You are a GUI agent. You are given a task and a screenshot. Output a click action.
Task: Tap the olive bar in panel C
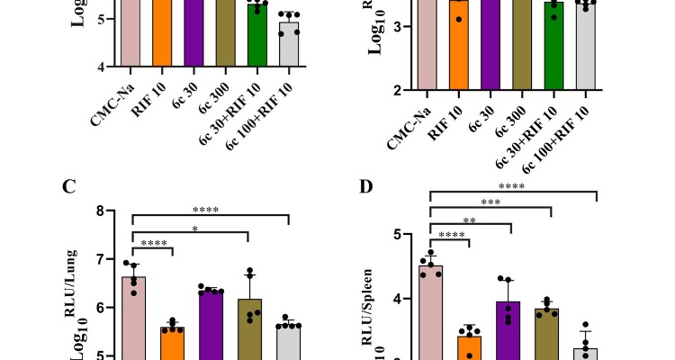[x=249, y=329]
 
